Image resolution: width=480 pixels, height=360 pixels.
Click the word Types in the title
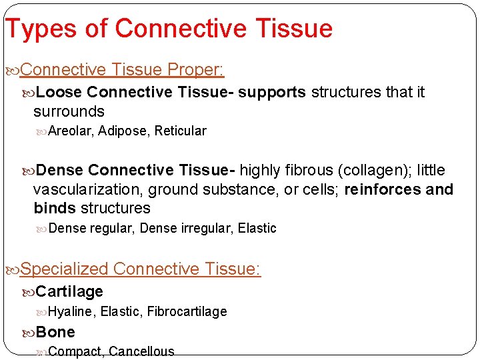click(31, 29)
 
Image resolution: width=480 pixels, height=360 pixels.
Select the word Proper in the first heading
click(195, 69)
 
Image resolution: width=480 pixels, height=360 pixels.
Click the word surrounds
click(69, 111)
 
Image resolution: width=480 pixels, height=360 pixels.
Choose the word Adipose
click(123, 131)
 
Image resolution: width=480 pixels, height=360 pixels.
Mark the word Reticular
click(180, 131)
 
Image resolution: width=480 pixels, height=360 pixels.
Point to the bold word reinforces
click(383, 189)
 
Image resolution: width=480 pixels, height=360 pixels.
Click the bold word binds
click(55, 208)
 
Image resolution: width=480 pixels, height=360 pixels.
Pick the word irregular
click(206, 228)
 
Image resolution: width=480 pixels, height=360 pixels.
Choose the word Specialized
click(65, 269)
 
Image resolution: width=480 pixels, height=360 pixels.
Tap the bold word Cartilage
click(69, 291)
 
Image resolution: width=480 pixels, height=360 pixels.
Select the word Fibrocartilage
click(187, 311)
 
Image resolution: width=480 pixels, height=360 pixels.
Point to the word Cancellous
click(141, 351)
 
